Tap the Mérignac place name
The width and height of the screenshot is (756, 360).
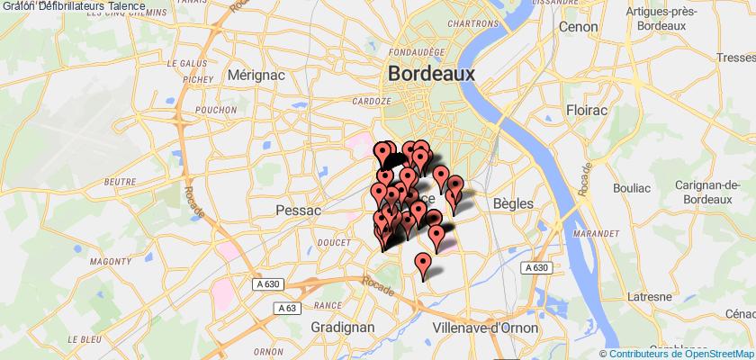(x=255, y=76)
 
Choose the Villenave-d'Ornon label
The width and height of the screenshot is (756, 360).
(x=485, y=328)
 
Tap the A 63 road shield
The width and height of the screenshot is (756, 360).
(x=289, y=309)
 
